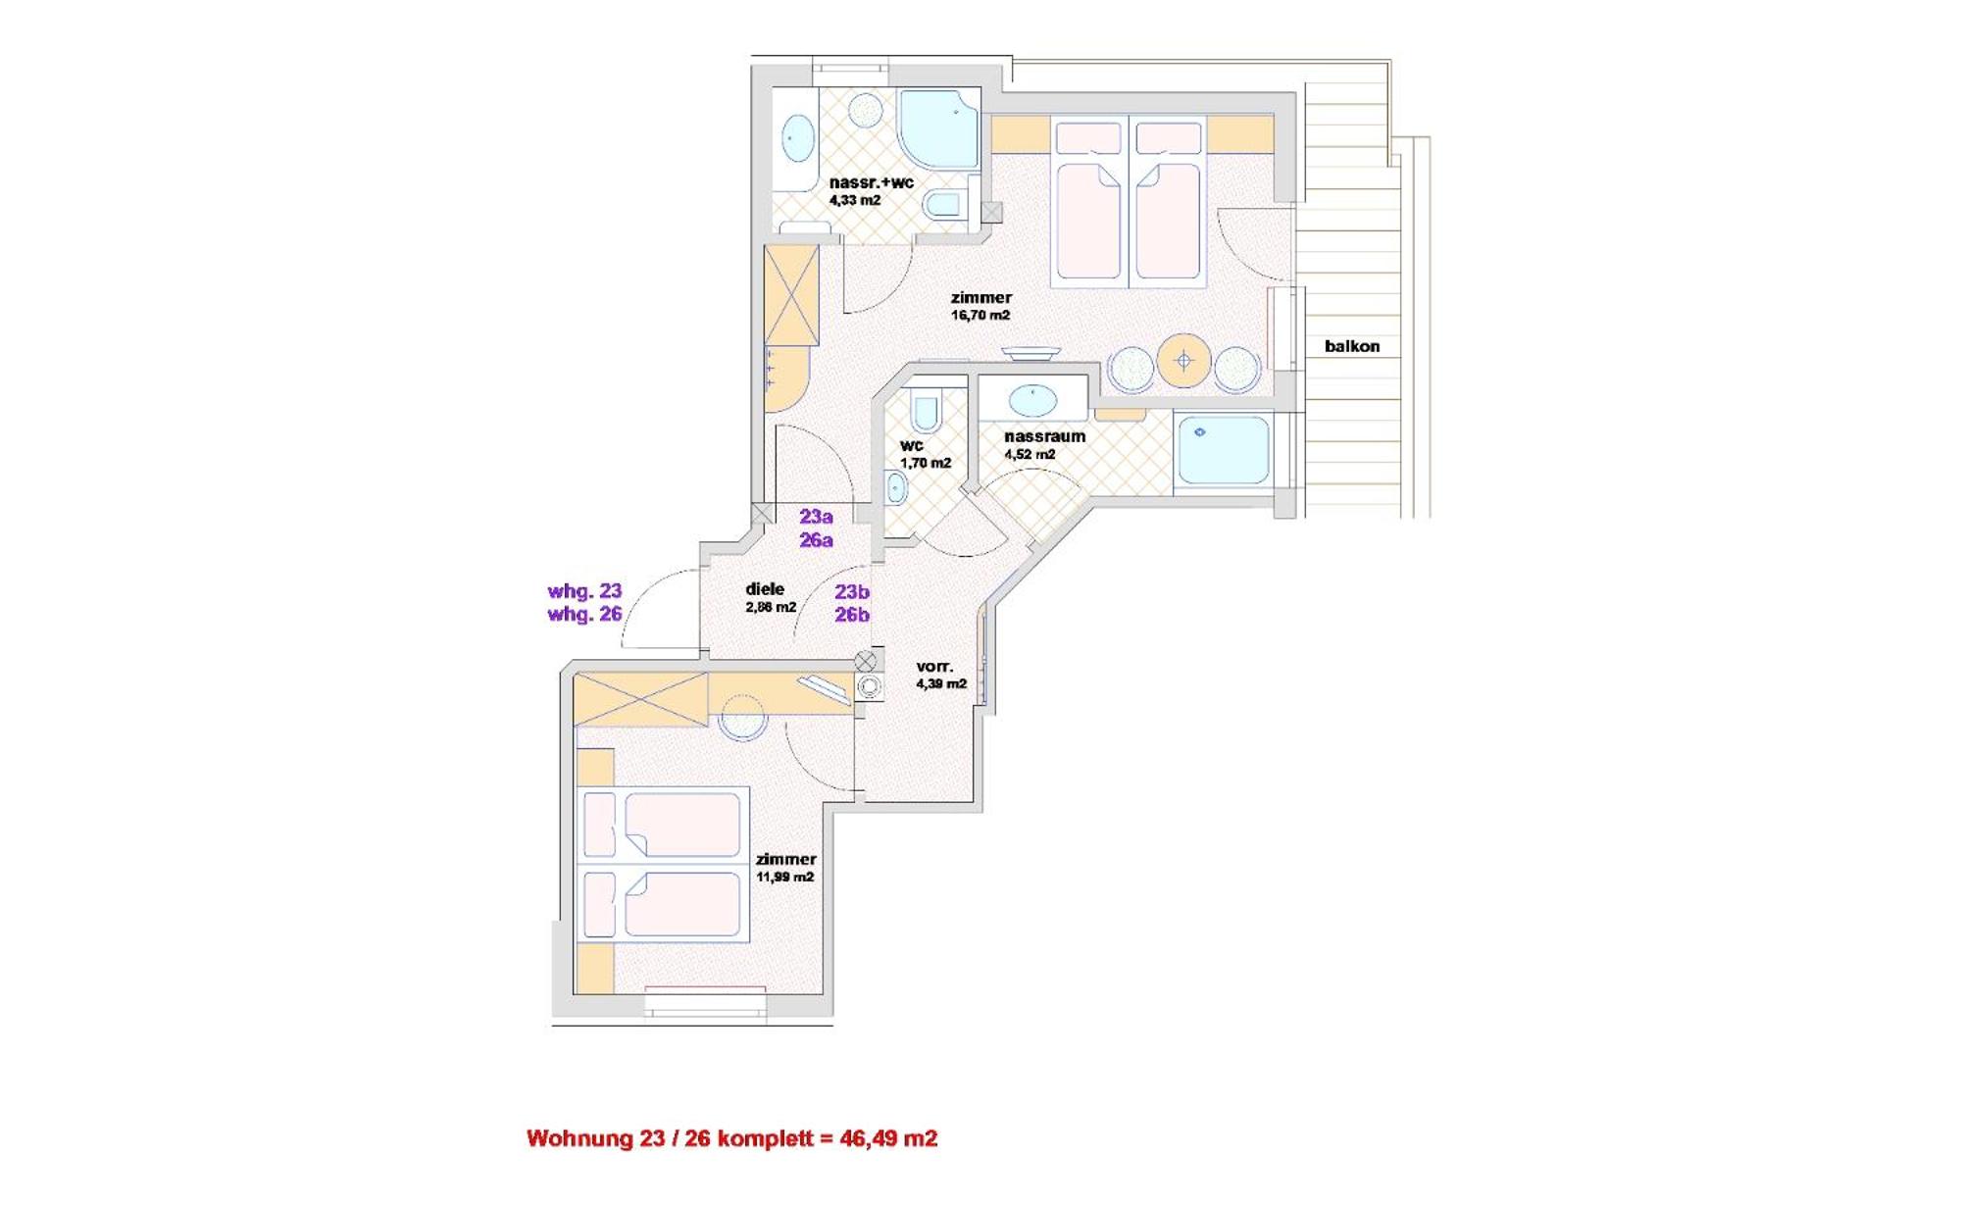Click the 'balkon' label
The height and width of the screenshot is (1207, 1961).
click(x=1351, y=346)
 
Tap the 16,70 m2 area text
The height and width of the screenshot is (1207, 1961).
click(x=980, y=315)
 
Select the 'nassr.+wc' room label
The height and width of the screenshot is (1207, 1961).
click(x=871, y=182)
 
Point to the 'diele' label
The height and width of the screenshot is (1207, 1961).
click(x=765, y=588)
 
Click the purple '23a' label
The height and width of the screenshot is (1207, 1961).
click(x=816, y=517)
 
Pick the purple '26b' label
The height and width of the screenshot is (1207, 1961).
click(x=852, y=615)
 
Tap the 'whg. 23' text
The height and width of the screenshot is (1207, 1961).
click(x=584, y=591)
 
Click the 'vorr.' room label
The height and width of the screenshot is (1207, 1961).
click(x=934, y=667)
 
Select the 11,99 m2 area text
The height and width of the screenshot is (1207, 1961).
click(x=784, y=877)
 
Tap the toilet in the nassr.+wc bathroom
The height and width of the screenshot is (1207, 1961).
click(x=942, y=204)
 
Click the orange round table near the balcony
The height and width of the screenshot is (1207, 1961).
click(x=1183, y=361)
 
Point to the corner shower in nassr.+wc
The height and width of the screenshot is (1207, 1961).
click(x=938, y=128)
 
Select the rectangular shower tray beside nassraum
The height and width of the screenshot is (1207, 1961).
click(x=1223, y=449)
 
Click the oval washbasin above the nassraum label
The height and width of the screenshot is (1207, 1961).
click(x=1033, y=400)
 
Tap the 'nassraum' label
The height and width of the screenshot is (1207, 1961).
click(x=1044, y=436)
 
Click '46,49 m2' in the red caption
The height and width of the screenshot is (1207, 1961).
click(x=888, y=1138)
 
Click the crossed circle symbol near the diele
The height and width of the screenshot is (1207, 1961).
click(x=865, y=661)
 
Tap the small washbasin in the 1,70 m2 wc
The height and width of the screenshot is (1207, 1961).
click(x=895, y=486)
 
